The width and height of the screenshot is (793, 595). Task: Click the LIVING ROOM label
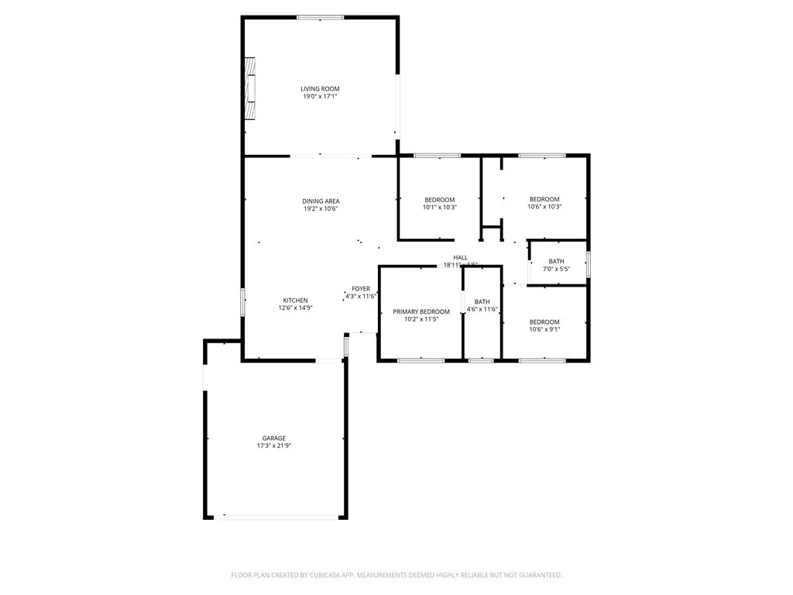tap(320, 89)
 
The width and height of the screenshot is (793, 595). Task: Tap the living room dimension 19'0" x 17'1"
tap(320, 97)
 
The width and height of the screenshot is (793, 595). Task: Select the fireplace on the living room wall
tap(251, 89)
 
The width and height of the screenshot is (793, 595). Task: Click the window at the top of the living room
tap(321, 17)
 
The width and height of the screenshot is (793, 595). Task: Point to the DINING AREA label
tap(321, 201)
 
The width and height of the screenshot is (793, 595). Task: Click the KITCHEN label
tap(295, 301)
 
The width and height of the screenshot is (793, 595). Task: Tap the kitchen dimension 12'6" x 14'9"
tap(295, 308)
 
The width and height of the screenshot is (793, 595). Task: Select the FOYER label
tap(361, 289)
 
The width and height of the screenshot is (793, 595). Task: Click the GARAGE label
tap(273, 438)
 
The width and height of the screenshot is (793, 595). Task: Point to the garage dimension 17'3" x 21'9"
tap(273, 445)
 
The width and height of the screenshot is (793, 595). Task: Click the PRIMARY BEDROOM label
tap(421, 311)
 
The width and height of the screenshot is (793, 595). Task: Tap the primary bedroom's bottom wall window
tap(421, 360)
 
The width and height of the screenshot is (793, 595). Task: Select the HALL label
tap(461, 258)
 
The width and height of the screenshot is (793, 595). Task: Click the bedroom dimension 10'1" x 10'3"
tap(439, 208)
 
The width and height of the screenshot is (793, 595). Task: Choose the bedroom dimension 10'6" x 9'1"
tap(544, 329)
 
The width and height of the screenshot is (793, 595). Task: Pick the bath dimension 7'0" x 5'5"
tap(556, 270)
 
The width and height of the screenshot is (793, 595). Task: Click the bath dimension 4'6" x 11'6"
tap(482, 310)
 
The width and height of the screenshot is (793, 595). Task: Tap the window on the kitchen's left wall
tap(242, 301)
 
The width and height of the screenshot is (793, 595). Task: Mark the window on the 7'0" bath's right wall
tap(588, 264)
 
